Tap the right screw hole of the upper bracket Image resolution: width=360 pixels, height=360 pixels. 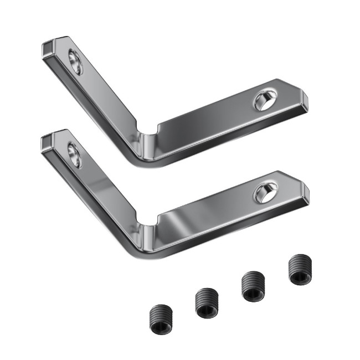click(x=263, y=101)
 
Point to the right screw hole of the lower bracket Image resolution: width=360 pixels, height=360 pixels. click(x=263, y=193)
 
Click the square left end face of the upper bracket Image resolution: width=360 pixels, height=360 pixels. click(x=46, y=49)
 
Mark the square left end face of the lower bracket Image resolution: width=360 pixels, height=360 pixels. click(x=46, y=142)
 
